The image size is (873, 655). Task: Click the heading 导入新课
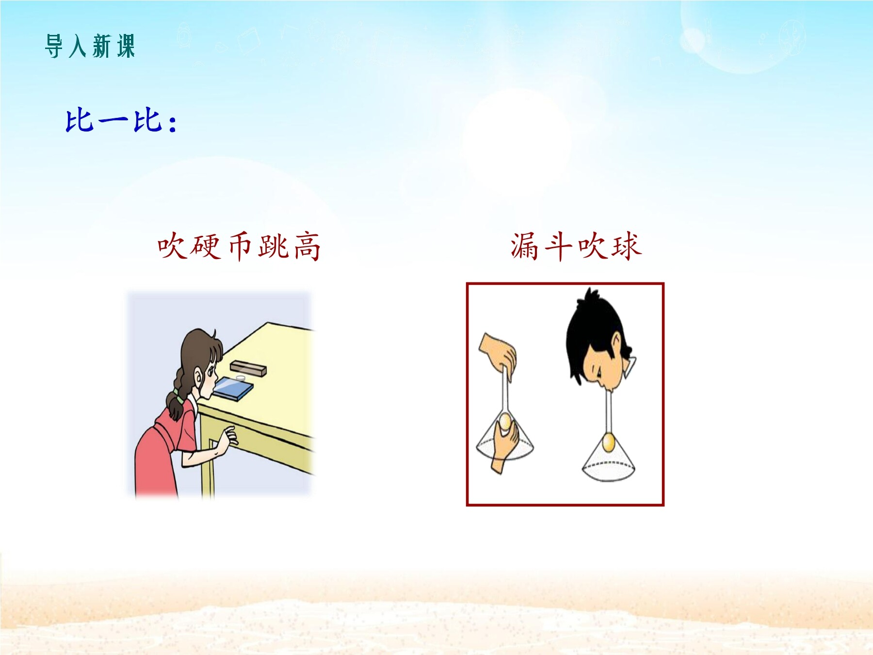(x=90, y=47)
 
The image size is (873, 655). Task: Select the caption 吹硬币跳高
(x=239, y=246)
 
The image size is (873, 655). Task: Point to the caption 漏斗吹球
(x=576, y=246)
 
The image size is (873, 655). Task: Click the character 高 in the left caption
(x=307, y=246)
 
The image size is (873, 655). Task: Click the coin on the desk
(x=240, y=377)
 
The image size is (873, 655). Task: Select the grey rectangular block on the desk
(x=248, y=368)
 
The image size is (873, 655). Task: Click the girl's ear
(x=198, y=376)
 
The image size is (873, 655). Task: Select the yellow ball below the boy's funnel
(x=608, y=442)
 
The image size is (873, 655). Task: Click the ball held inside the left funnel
(x=505, y=421)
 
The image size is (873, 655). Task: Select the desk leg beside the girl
(x=208, y=461)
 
